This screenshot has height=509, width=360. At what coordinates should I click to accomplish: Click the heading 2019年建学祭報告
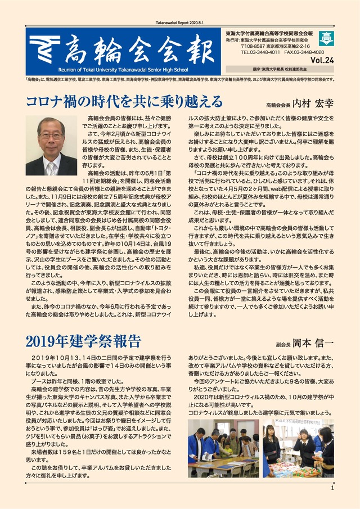tap(83, 341)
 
